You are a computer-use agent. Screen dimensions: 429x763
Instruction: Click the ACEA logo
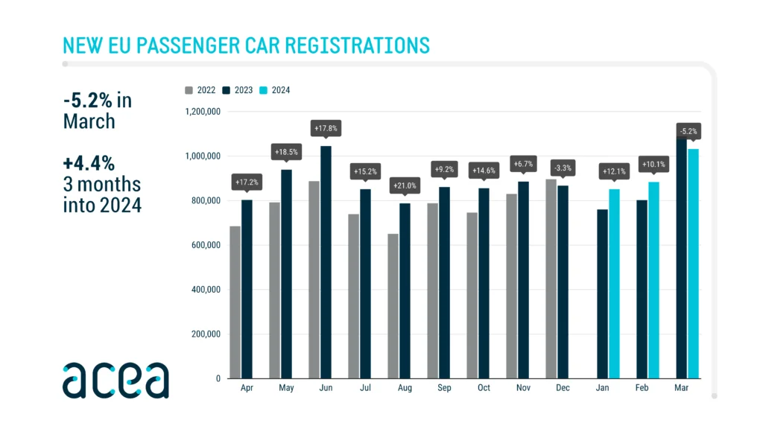click(115, 380)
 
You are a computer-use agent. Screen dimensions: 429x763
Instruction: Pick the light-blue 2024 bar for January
click(614, 284)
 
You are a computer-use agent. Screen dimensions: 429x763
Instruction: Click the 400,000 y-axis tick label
click(204, 290)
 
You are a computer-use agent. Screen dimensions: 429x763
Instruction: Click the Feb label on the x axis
click(642, 389)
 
